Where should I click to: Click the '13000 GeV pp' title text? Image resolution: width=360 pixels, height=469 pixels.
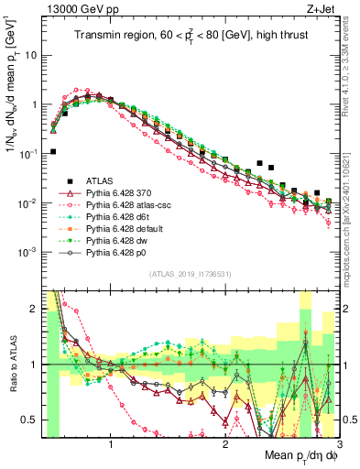[78, 8]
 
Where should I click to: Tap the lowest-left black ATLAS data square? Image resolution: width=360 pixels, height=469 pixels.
[53, 152]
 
